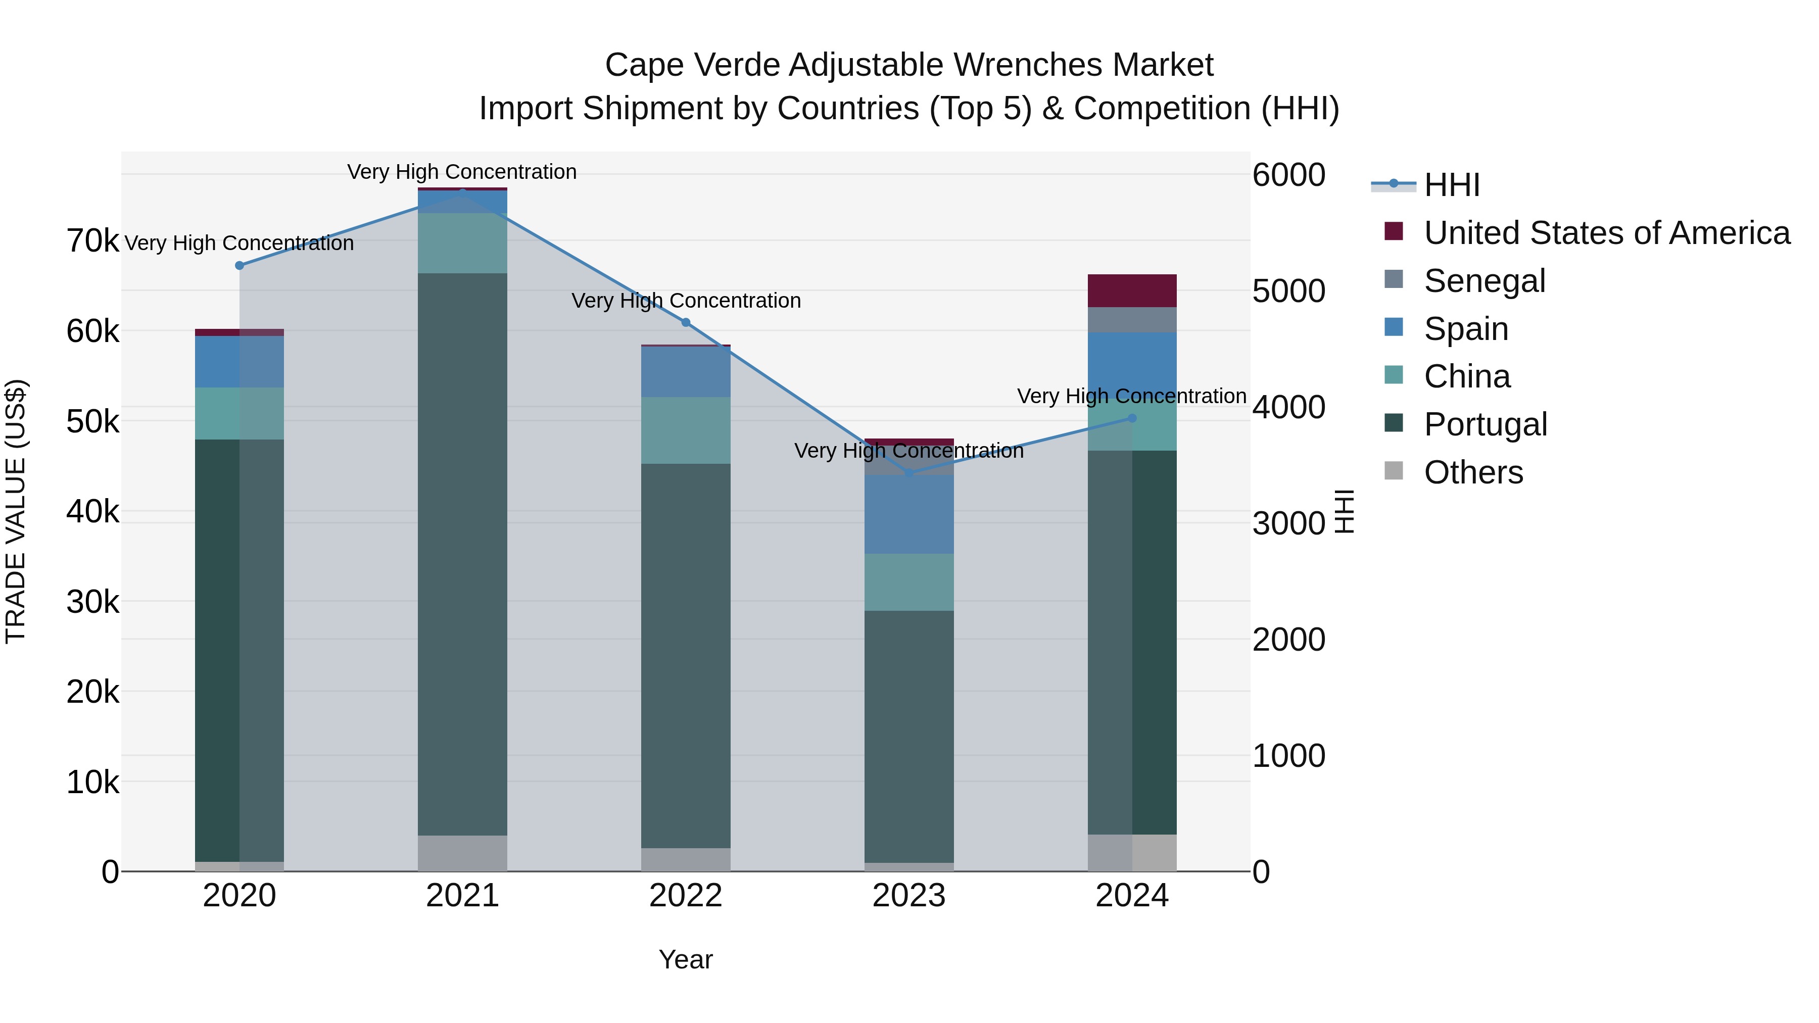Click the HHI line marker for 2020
(x=240, y=265)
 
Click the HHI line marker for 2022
(x=686, y=323)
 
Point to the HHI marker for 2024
(x=1132, y=418)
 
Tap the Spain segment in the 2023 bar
(x=909, y=514)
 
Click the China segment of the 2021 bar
(x=462, y=243)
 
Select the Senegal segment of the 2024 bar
(x=1132, y=320)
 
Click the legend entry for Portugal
(x=1485, y=424)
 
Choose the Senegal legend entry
(x=1485, y=281)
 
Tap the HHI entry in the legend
(x=1451, y=185)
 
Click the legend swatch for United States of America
(x=1393, y=231)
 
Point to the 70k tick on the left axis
(x=92, y=241)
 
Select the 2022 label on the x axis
(x=686, y=896)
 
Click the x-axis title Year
(x=686, y=959)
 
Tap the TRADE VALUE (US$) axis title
(x=16, y=511)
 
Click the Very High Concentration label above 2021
(x=462, y=172)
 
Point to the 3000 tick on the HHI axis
(x=1288, y=523)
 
